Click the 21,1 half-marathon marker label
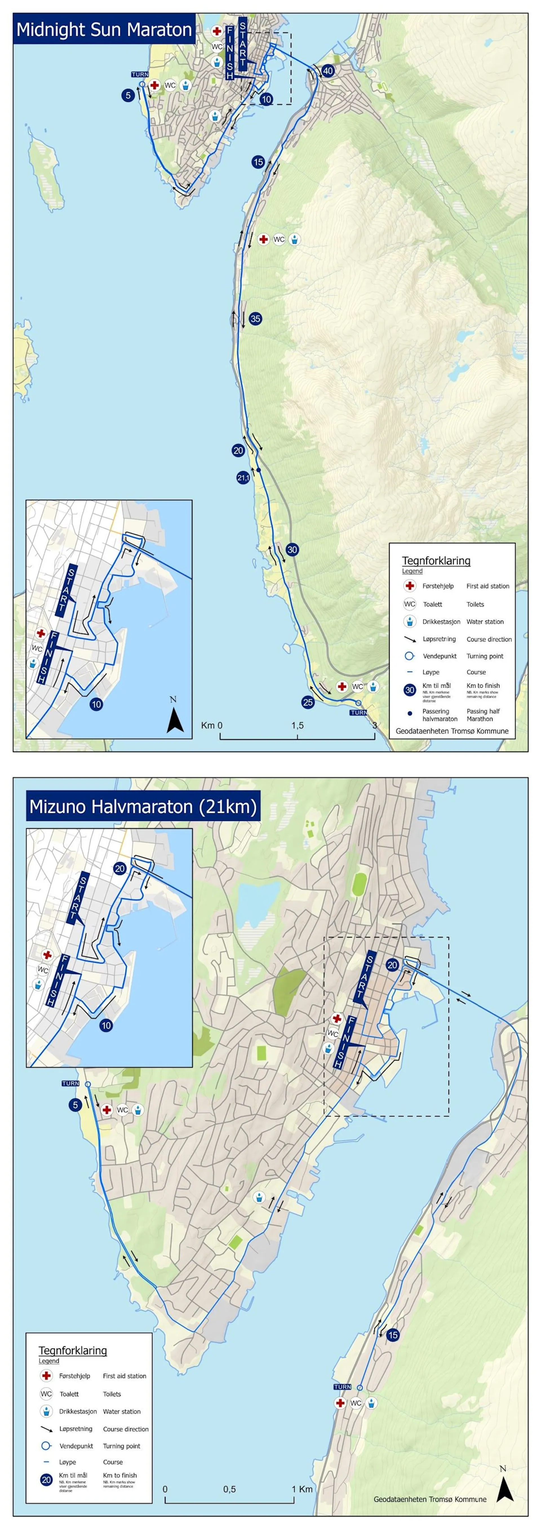tap(243, 478)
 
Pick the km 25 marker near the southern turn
tap(308, 702)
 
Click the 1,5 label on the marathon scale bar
tap(297, 725)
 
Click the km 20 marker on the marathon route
tap(238, 450)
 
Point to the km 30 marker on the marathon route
tap(292, 550)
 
